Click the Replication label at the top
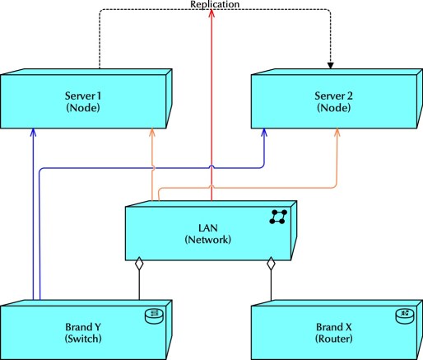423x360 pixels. [214, 5]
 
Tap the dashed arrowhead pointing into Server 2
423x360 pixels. [332, 63]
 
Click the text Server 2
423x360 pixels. [337, 96]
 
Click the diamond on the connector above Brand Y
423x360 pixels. [140, 264]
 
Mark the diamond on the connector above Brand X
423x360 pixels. [270, 264]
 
